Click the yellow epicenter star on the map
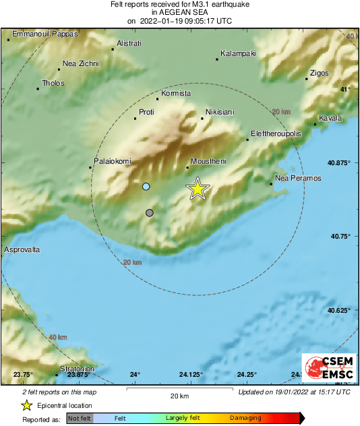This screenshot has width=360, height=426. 198,189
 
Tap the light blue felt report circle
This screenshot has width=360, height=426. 146,186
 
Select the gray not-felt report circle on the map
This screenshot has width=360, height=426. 150,213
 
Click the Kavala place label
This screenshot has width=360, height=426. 330,119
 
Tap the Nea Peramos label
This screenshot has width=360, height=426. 299,178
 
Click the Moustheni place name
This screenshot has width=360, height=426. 208,161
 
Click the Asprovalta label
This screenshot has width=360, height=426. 22,249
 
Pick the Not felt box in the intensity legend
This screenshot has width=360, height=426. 79,418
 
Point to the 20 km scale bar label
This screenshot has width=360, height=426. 179,395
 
